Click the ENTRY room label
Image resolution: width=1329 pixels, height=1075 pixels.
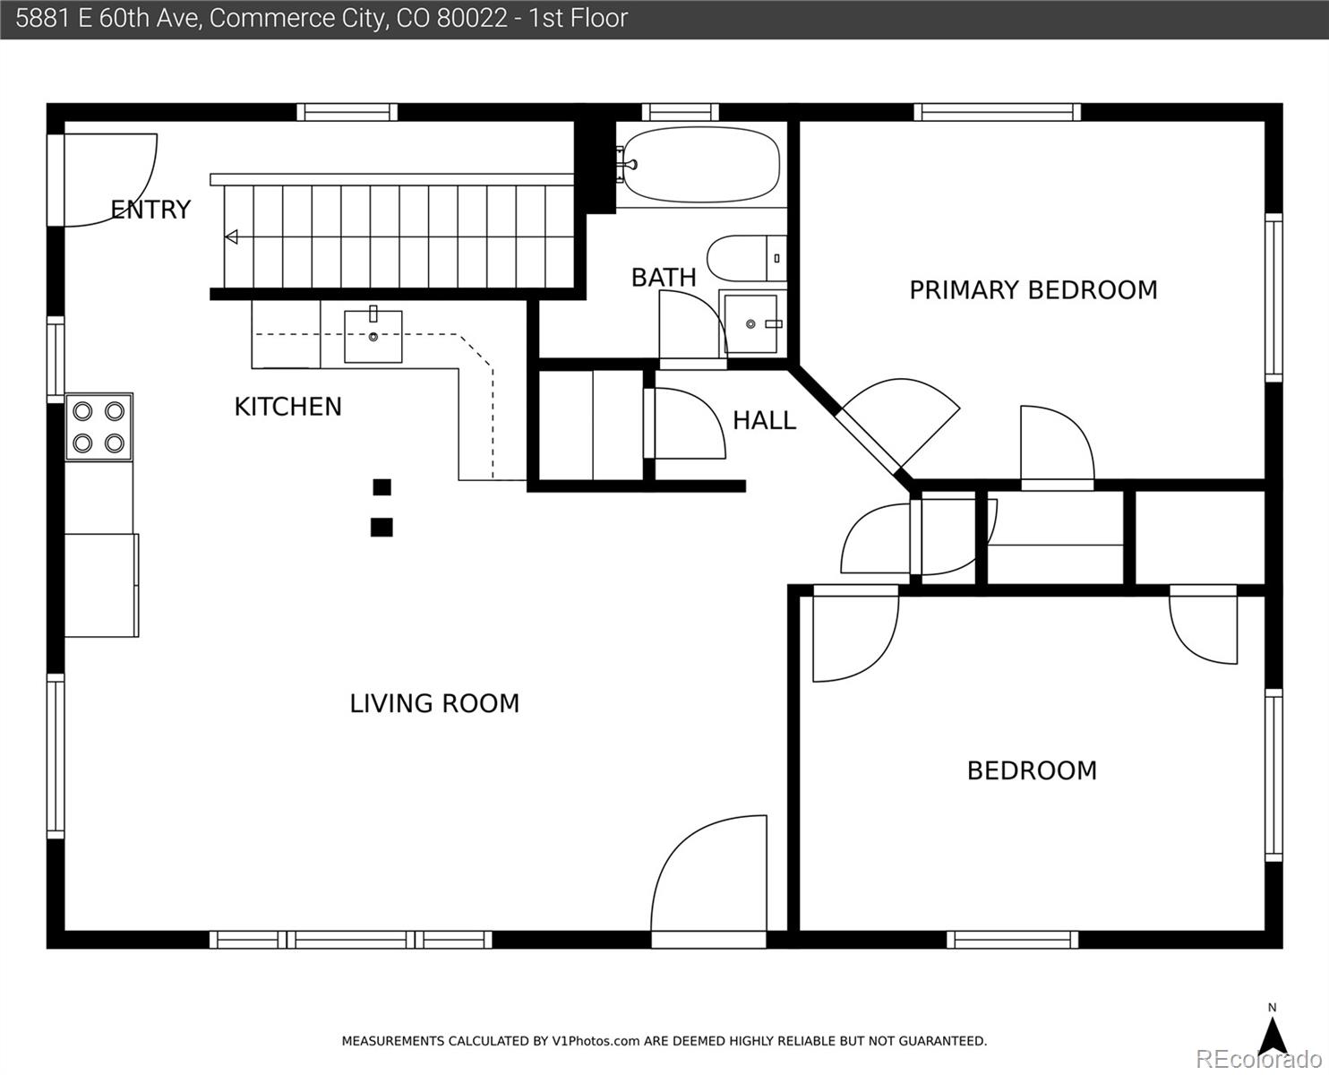(150, 210)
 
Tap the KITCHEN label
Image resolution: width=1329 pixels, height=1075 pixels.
(287, 407)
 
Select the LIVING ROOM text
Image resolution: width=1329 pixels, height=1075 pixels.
(434, 703)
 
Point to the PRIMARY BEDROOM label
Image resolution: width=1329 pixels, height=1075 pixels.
(1033, 290)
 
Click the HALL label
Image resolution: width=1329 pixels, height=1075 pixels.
(764, 420)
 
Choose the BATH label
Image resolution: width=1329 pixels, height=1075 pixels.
(664, 278)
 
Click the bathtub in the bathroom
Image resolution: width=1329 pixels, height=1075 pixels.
(701, 165)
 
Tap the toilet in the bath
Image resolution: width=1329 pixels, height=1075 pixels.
(747, 258)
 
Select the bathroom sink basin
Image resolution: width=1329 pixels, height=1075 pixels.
(750, 323)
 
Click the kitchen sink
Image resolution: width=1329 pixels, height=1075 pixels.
(373, 337)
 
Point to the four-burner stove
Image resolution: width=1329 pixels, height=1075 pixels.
(99, 427)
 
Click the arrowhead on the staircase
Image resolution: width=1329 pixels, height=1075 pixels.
(231, 237)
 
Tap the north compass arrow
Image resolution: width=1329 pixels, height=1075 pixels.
(1273, 1035)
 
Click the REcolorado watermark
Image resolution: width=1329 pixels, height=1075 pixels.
(1258, 1059)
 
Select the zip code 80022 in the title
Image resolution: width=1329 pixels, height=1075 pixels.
(472, 18)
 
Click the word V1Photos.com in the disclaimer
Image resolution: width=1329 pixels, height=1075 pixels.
(596, 1041)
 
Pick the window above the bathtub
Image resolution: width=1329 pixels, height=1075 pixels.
(680, 112)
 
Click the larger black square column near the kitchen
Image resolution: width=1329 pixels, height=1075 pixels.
(382, 528)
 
